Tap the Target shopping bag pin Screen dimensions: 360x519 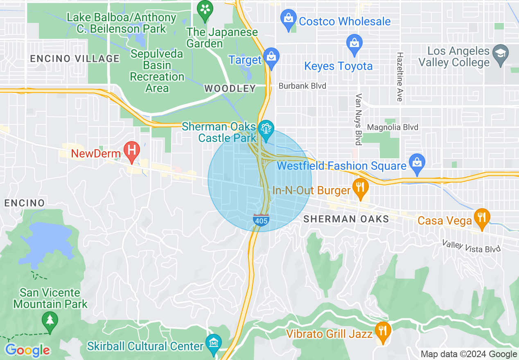tap(271, 57)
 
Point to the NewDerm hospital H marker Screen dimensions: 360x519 tap(132, 148)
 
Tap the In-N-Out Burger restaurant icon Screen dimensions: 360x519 tap(360, 187)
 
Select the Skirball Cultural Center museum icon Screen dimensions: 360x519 tap(213, 342)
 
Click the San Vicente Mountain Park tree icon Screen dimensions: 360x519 tap(50, 319)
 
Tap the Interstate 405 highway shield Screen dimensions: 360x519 tap(261, 220)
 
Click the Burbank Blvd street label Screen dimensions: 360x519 tap(302, 86)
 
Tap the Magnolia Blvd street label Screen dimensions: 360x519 tap(393, 127)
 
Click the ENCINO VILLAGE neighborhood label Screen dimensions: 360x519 tap(74, 59)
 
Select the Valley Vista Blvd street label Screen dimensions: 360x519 tap(472, 246)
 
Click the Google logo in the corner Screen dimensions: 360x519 tap(27, 350)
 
